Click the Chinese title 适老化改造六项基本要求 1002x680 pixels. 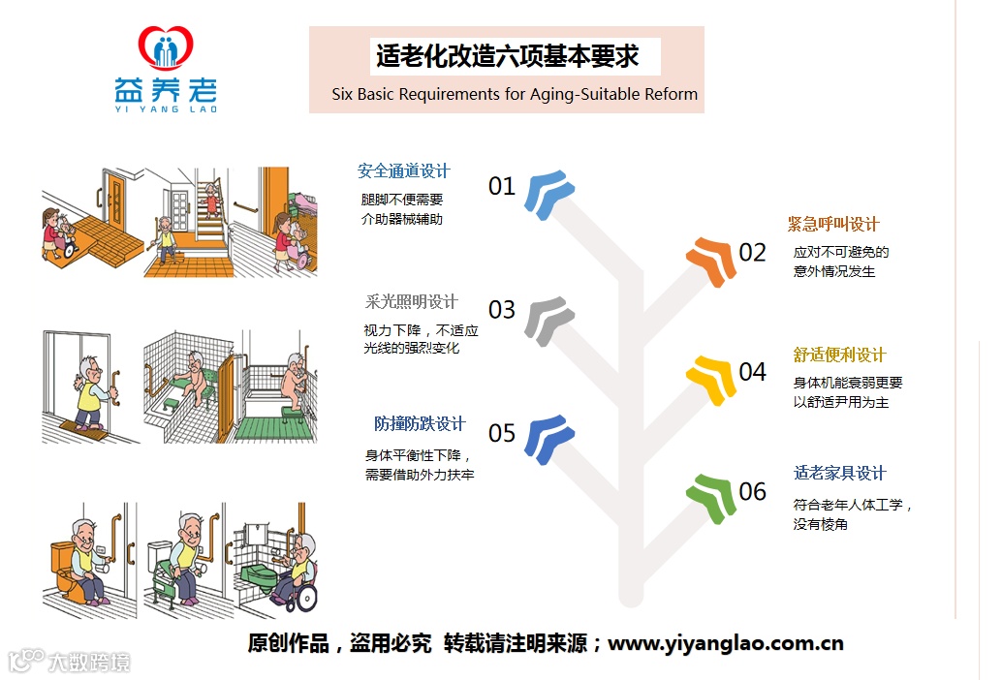pos(507,56)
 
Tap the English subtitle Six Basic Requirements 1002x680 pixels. pos(515,95)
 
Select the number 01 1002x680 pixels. pos(501,186)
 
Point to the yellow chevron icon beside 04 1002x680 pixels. pos(711,379)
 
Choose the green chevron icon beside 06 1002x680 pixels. pos(711,497)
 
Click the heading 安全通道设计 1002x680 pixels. pos(403,171)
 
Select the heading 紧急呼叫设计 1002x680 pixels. pos(832,225)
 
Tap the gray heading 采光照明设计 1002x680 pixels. pos(411,302)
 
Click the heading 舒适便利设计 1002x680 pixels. pos(839,355)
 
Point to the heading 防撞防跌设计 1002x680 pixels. pos(420,424)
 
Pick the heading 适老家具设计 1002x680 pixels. pos(839,474)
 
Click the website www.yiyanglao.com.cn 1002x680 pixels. pos(725,643)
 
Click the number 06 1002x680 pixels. pos(752,492)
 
